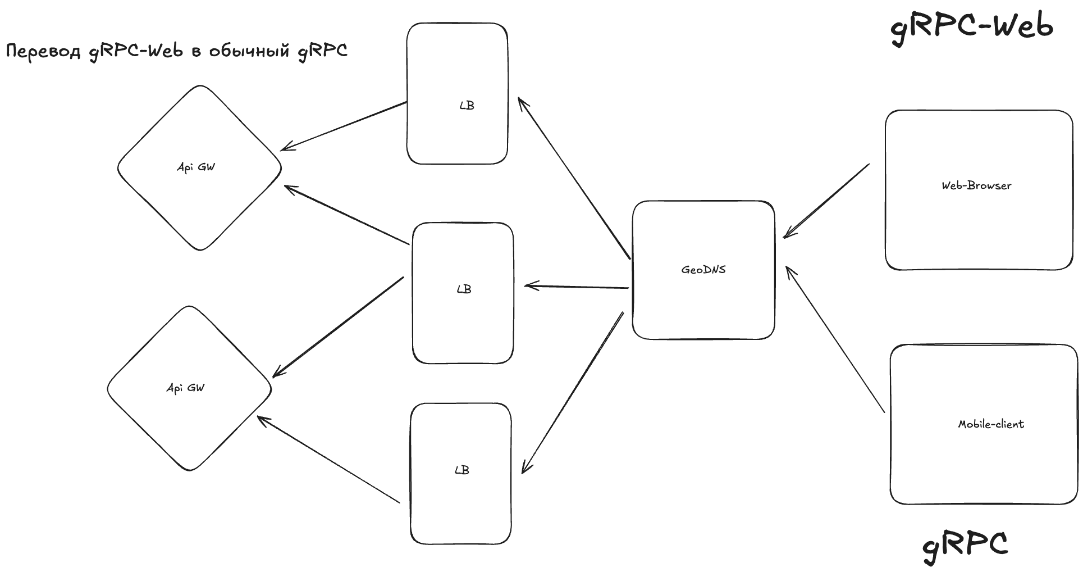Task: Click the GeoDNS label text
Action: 703,270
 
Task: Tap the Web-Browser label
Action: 976,185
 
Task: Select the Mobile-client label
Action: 991,424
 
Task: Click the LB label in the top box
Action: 467,105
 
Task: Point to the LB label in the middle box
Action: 464,289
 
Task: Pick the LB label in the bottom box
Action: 461,470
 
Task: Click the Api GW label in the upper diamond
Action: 196,167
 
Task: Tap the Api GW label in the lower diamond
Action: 185,388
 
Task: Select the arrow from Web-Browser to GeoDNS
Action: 826,201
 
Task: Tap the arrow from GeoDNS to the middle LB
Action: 577,287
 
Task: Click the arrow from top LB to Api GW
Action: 344,126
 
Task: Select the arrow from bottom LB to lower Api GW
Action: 328,460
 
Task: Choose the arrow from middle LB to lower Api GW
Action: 338,327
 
